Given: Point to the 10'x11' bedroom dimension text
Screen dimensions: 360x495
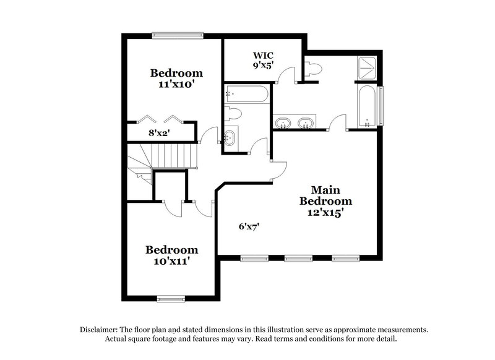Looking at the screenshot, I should pyautogui.click(x=171, y=262).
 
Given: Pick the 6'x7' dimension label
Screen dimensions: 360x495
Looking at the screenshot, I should pyautogui.click(x=249, y=226).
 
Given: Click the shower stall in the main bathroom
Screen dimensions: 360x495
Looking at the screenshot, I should pyautogui.click(x=368, y=67).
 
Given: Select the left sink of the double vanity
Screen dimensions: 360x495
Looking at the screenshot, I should pyautogui.click(x=283, y=123).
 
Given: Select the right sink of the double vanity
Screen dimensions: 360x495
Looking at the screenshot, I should pyautogui.click(x=304, y=123).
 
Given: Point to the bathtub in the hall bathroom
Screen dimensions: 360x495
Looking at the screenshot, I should pyautogui.click(x=247, y=94).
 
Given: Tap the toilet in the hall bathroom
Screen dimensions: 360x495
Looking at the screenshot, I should pyautogui.click(x=233, y=114).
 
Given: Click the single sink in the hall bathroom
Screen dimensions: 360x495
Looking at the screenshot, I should pyautogui.click(x=230, y=137).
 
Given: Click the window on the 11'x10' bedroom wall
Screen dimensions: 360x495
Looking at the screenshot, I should pyautogui.click(x=171, y=35).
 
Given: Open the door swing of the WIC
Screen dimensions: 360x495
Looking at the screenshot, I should pyautogui.click(x=286, y=75).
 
